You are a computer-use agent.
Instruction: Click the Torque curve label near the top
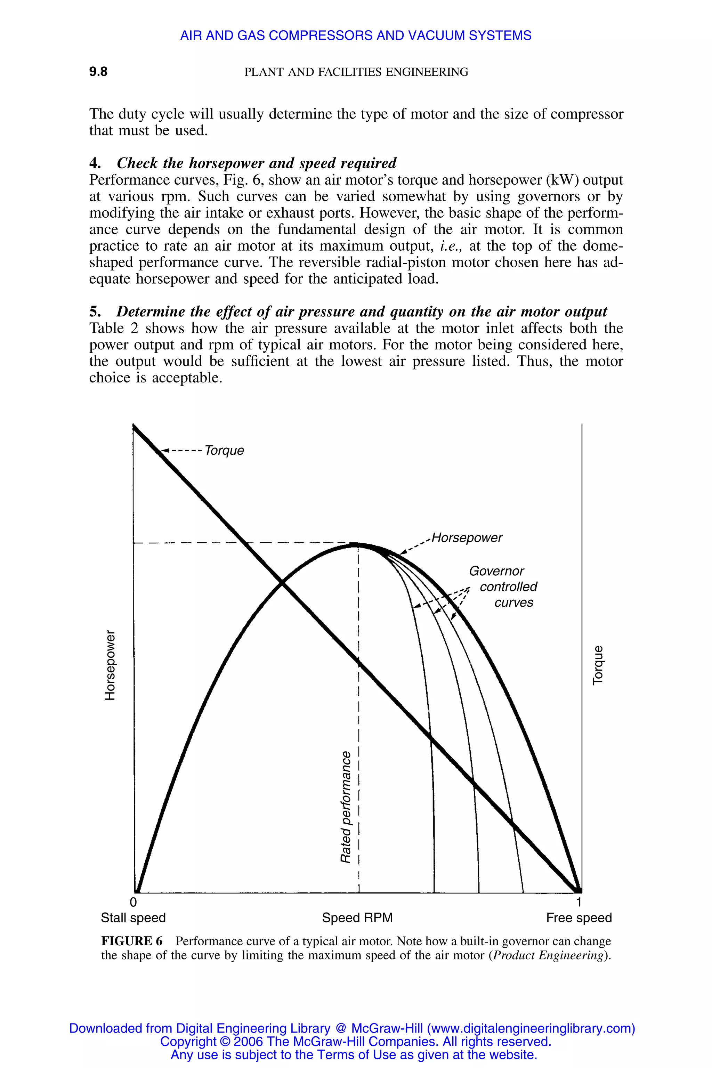pyautogui.click(x=224, y=451)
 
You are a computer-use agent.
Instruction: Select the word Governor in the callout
pyautogui.click(x=496, y=571)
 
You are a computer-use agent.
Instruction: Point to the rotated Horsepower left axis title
pyautogui.click(x=110, y=665)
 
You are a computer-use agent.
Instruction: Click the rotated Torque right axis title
pyautogui.click(x=598, y=665)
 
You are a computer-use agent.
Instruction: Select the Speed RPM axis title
pyautogui.click(x=357, y=918)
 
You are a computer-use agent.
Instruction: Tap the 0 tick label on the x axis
pyautogui.click(x=133, y=902)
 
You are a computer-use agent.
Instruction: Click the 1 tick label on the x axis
pyautogui.click(x=578, y=902)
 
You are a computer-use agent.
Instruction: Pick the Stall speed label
pyautogui.click(x=133, y=918)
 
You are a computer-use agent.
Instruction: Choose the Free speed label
pyautogui.click(x=579, y=918)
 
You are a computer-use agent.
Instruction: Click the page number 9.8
pyautogui.click(x=98, y=72)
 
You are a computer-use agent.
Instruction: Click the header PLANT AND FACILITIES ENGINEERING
pyautogui.click(x=356, y=72)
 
